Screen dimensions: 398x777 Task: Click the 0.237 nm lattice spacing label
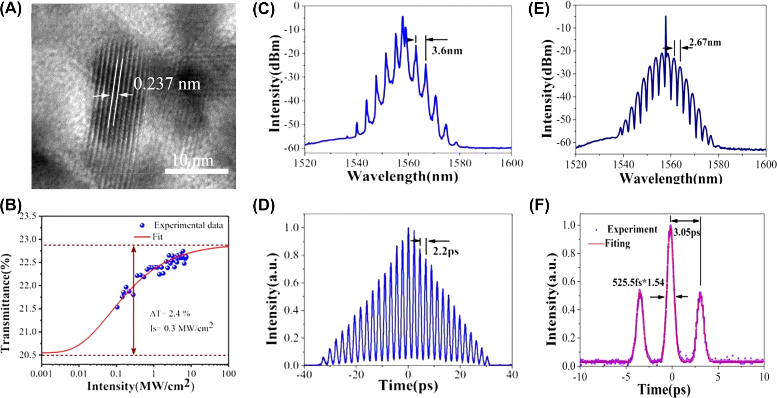(167, 84)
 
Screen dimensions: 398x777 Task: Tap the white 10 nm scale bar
(196, 171)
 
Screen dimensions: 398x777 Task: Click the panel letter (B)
(11, 205)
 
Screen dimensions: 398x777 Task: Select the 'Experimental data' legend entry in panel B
(188, 225)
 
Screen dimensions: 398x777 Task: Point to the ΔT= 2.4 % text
(170, 314)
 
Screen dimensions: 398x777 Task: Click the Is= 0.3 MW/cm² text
(181, 328)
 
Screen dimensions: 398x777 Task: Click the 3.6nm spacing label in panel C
(446, 51)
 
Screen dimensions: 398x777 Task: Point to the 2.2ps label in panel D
(446, 251)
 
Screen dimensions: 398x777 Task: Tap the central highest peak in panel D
(408, 229)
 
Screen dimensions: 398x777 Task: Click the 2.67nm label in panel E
(705, 42)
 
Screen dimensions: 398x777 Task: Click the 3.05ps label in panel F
(687, 232)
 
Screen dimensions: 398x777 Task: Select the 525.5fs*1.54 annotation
(638, 282)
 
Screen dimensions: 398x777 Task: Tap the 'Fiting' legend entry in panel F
(617, 244)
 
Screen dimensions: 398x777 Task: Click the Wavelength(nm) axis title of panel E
(671, 179)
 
